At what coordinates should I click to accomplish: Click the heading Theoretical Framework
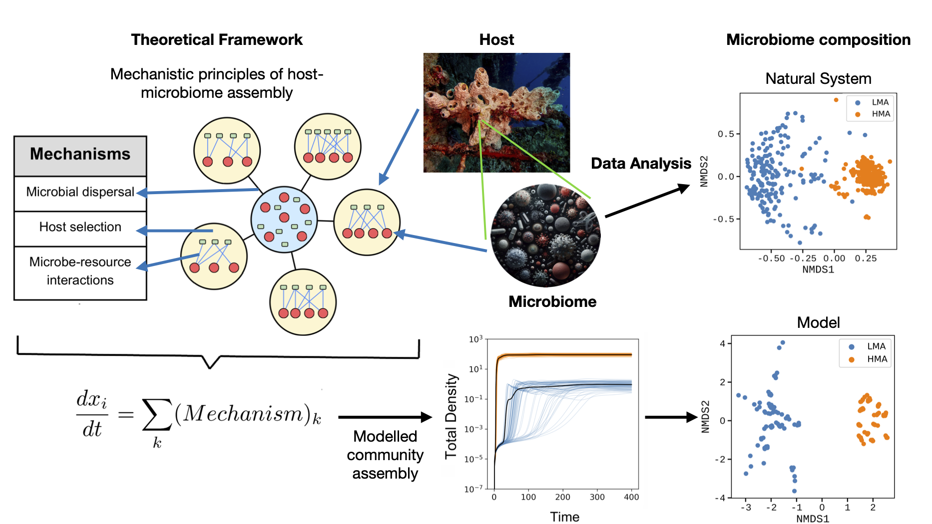click(217, 39)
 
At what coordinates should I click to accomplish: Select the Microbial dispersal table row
click(80, 194)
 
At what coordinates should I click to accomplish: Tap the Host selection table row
click(80, 229)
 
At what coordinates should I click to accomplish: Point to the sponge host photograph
click(496, 113)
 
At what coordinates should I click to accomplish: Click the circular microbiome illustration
click(545, 235)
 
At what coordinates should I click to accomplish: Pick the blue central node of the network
click(284, 220)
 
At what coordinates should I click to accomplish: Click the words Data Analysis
click(641, 163)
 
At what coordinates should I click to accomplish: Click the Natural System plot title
click(818, 78)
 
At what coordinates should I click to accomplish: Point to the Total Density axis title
click(451, 416)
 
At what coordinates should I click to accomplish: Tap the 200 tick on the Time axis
click(562, 497)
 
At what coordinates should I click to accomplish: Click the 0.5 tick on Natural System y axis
click(726, 134)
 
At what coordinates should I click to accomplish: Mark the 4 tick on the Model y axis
click(722, 343)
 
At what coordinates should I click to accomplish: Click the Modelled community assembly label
click(385, 455)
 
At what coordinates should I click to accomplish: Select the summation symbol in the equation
click(157, 414)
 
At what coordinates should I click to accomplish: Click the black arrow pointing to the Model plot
click(671, 417)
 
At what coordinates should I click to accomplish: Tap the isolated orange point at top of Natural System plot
click(836, 100)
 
